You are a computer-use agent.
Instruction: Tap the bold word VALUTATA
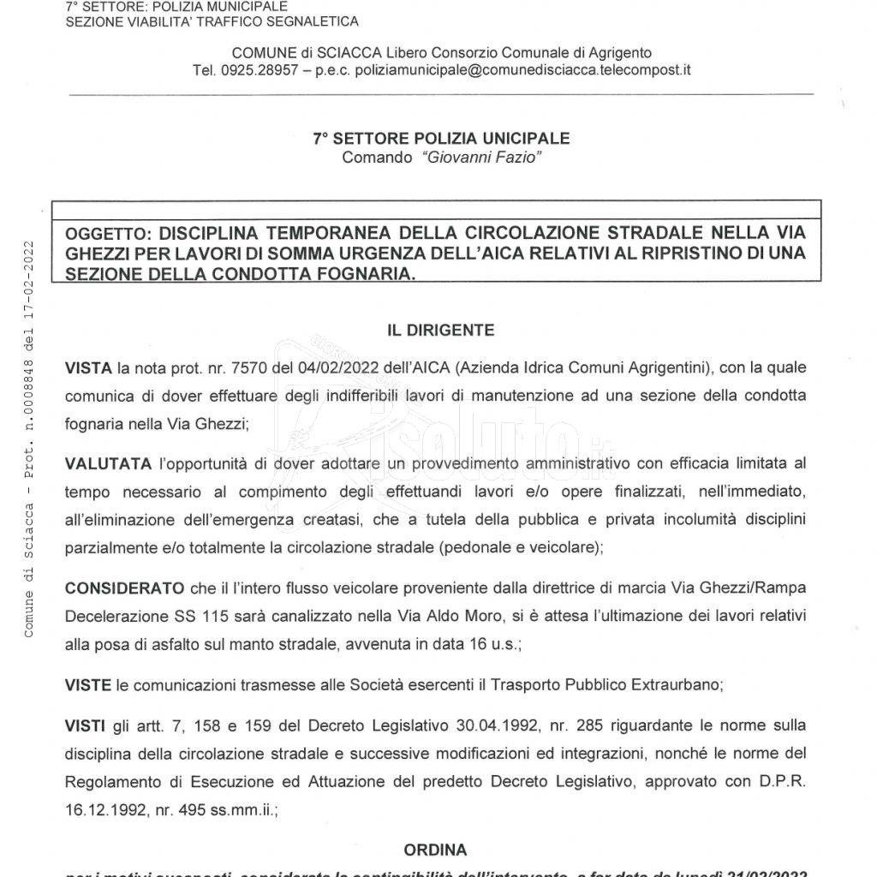pyautogui.click(x=109, y=463)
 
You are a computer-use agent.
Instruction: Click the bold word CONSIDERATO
pyautogui.click(x=125, y=588)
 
